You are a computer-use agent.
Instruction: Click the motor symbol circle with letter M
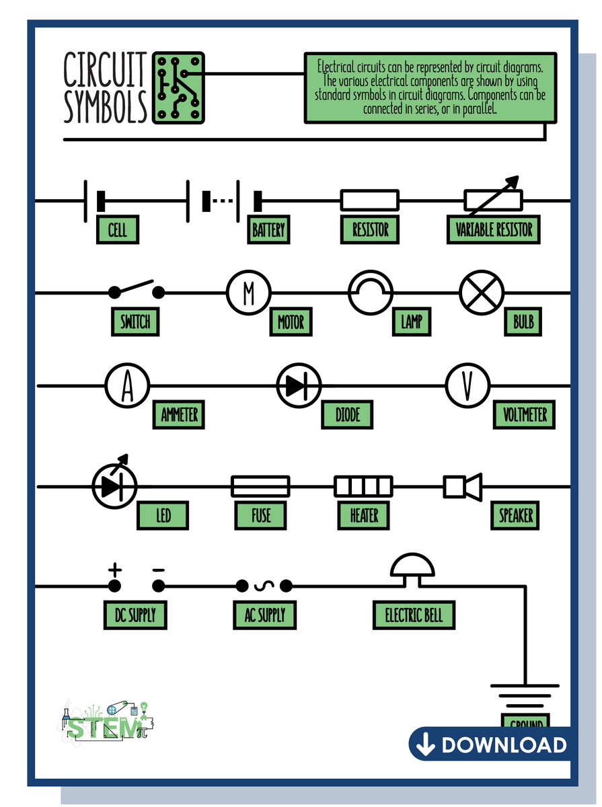point(248,293)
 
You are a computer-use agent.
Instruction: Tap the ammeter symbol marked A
point(127,386)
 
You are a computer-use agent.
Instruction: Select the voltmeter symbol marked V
point(467,386)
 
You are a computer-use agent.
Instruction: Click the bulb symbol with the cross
point(482,293)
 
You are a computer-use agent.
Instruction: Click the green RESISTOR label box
point(371,230)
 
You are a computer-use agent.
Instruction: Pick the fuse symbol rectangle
point(260,486)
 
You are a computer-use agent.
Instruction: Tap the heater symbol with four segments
point(363,486)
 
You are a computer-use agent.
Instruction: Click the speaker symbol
point(463,486)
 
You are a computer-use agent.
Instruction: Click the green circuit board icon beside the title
point(178,88)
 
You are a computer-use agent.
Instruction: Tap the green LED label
point(163,516)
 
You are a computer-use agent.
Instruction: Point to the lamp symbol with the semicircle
point(370,293)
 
